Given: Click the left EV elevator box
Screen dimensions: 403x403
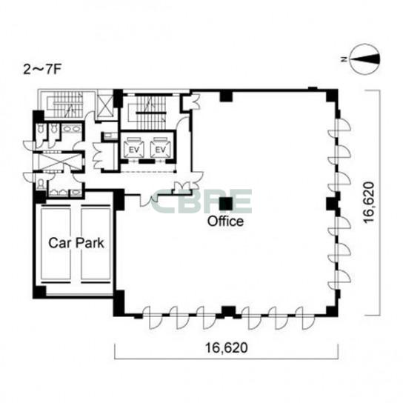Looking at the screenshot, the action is [134, 148].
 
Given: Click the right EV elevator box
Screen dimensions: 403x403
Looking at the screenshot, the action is [160, 148].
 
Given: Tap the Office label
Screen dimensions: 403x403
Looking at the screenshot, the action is [225, 222].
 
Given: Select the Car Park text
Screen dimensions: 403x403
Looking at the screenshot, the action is [76, 243].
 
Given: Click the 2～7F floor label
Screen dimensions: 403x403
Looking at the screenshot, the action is [42, 70].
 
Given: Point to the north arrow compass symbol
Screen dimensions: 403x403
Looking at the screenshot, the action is [365, 59].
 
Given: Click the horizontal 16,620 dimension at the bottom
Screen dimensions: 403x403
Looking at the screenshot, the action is [227, 348].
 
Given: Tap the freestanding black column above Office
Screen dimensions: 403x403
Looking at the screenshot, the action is [225, 203].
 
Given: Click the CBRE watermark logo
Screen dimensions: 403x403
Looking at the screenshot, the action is [201, 201].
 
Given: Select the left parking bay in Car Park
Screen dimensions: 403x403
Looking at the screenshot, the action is [56, 244].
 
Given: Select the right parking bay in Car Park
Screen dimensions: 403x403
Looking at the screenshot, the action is [96, 244].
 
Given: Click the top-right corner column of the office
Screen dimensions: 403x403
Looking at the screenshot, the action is [332, 95].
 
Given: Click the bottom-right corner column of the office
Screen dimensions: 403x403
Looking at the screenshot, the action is [332, 311].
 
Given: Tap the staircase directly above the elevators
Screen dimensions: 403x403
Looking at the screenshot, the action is [150, 113].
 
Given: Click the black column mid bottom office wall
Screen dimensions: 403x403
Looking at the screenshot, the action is [228, 311].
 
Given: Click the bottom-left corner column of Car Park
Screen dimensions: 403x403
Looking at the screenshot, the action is [39, 292].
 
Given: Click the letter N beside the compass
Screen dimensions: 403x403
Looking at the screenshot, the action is [344, 59].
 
